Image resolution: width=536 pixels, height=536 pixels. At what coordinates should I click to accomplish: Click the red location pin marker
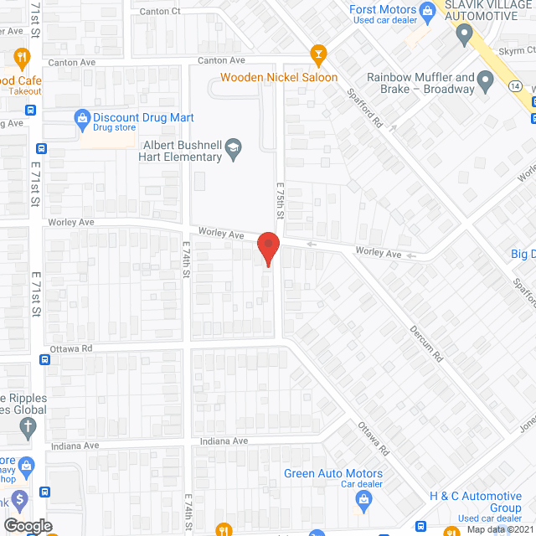pos(267,247)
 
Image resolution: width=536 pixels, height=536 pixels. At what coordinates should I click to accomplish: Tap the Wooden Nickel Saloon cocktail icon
pos(317,56)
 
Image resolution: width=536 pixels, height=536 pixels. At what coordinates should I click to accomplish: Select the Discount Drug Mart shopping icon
pos(82,117)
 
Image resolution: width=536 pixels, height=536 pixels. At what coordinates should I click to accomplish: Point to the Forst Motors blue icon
pos(427,10)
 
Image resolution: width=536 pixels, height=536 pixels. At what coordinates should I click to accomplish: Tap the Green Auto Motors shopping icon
pos(363,502)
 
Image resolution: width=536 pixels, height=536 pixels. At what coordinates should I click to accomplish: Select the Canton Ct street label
pos(161,11)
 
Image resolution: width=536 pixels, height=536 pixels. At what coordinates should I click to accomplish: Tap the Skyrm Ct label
pos(516,51)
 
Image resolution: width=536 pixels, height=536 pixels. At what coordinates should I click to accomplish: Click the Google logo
pos(27,525)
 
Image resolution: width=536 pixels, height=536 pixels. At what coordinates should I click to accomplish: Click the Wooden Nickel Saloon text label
pos(279,78)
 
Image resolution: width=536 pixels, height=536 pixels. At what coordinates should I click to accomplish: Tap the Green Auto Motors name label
pos(322,473)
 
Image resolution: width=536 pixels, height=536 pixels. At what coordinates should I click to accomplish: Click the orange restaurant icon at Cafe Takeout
pos(22,57)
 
